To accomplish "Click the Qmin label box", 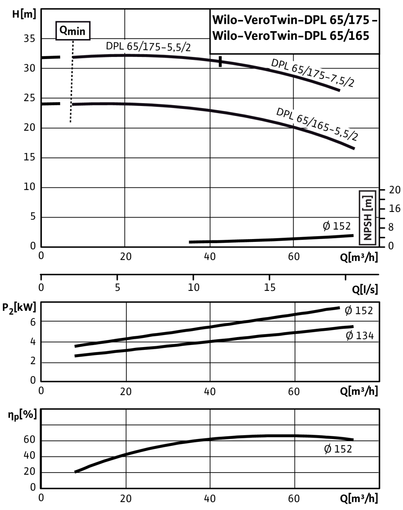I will (x=73, y=31).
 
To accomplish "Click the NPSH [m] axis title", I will (x=367, y=218).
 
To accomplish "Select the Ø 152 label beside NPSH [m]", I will (x=336, y=226).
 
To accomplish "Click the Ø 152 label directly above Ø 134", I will (x=358, y=310).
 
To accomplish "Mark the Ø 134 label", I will (x=359, y=336).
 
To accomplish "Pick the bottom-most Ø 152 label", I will (x=337, y=449).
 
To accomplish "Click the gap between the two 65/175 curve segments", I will (x=220, y=62).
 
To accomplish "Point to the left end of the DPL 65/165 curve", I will (x=73, y=104).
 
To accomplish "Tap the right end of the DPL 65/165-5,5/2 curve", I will (x=354, y=149).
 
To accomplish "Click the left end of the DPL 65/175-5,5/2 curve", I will (x=74, y=58).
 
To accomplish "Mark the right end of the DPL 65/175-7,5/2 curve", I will (x=340, y=91).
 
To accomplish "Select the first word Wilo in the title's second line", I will (x=225, y=36).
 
